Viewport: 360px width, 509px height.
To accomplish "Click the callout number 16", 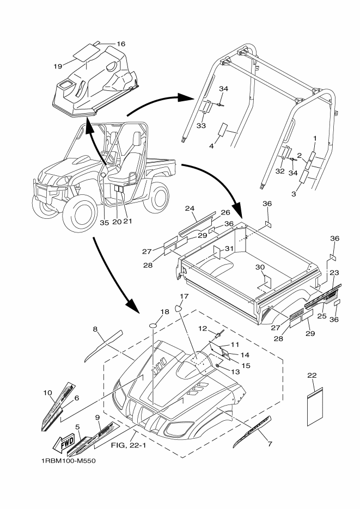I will [120, 44].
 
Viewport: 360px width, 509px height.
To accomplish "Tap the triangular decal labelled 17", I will [178, 308].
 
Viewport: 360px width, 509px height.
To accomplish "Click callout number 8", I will [95, 329].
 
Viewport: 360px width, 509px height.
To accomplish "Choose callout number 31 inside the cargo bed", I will [230, 249].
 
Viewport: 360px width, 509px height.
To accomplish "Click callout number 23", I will [334, 273].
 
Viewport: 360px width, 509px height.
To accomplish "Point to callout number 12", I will [203, 328].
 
